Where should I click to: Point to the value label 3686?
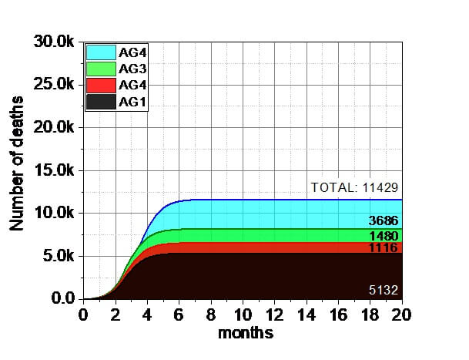point(383,222)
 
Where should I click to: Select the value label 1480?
point(383,236)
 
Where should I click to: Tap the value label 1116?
point(383,248)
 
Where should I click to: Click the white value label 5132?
point(383,291)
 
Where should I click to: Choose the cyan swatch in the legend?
point(100,52)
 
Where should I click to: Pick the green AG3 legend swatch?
point(100,69)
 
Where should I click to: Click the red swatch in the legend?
point(100,86)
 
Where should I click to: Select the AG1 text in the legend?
point(129,102)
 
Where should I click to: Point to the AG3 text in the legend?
point(129,69)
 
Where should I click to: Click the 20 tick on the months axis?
point(401,315)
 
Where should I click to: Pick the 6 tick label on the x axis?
point(179,315)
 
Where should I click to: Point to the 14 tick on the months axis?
point(306,315)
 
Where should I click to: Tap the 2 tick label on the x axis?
point(115,315)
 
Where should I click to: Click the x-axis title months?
point(246,334)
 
